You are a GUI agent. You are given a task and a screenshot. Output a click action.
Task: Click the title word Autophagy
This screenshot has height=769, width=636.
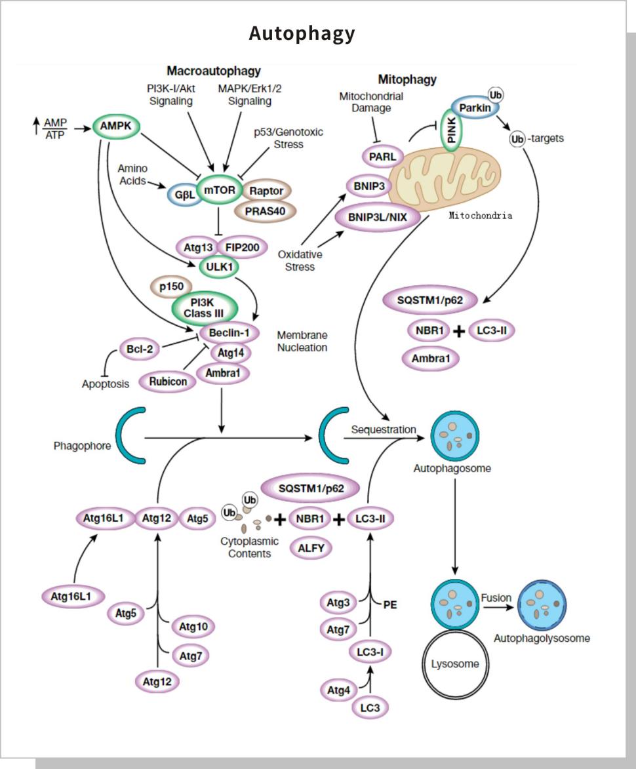[302, 33]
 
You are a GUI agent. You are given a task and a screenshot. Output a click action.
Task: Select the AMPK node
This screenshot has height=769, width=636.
[117, 126]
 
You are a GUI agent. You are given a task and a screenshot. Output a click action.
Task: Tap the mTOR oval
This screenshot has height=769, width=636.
[219, 190]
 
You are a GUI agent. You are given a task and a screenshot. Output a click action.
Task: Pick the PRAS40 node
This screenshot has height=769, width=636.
[266, 210]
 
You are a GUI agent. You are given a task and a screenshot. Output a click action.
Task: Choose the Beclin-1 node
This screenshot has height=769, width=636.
[229, 332]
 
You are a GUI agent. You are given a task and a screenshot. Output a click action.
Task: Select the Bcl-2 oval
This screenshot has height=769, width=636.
[140, 349]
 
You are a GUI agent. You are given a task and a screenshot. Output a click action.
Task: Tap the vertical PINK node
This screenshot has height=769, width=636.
[452, 129]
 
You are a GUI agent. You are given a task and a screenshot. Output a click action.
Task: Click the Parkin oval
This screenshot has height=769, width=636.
[475, 108]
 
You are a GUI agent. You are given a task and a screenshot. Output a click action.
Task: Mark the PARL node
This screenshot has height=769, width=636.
[382, 156]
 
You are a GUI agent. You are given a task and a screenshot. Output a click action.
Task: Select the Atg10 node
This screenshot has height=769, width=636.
[193, 627]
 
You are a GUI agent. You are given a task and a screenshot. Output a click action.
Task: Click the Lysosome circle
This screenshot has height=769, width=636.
[455, 663]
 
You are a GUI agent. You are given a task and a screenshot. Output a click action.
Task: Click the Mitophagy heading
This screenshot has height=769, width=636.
[407, 80]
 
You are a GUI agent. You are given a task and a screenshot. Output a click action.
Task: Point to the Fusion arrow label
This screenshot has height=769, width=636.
[496, 598]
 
